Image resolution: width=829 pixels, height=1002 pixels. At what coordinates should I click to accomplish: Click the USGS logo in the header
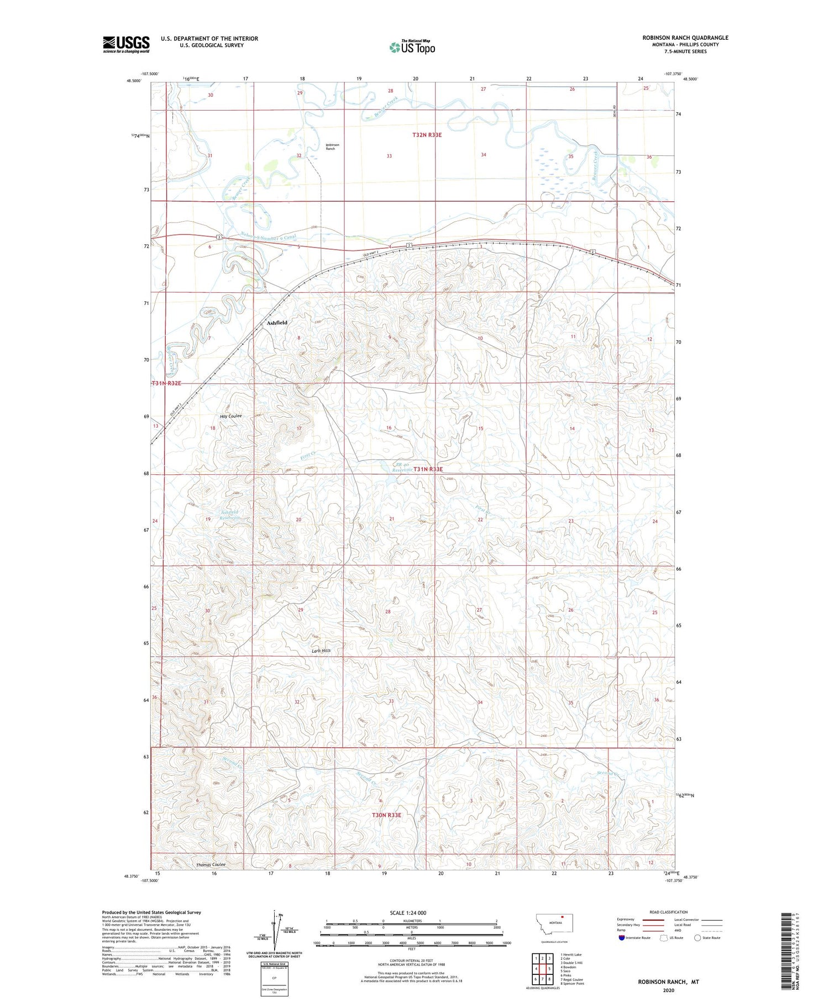tap(126, 44)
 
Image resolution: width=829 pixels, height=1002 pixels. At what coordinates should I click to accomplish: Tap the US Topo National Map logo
tap(412, 47)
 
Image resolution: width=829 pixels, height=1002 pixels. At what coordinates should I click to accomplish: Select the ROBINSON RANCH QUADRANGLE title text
tap(685, 38)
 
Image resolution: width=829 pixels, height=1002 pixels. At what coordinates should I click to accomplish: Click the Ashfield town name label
tap(277, 323)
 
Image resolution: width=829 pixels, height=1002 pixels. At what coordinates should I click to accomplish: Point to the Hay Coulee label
tap(230, 416)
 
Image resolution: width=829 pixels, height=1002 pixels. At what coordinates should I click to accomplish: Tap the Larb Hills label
tap(321, 650)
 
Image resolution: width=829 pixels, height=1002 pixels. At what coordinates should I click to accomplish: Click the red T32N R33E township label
tap(427, 135)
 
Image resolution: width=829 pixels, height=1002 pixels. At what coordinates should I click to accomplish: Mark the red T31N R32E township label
tap(166, 383)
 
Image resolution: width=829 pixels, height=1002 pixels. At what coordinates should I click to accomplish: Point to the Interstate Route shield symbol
tap(622, 938)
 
